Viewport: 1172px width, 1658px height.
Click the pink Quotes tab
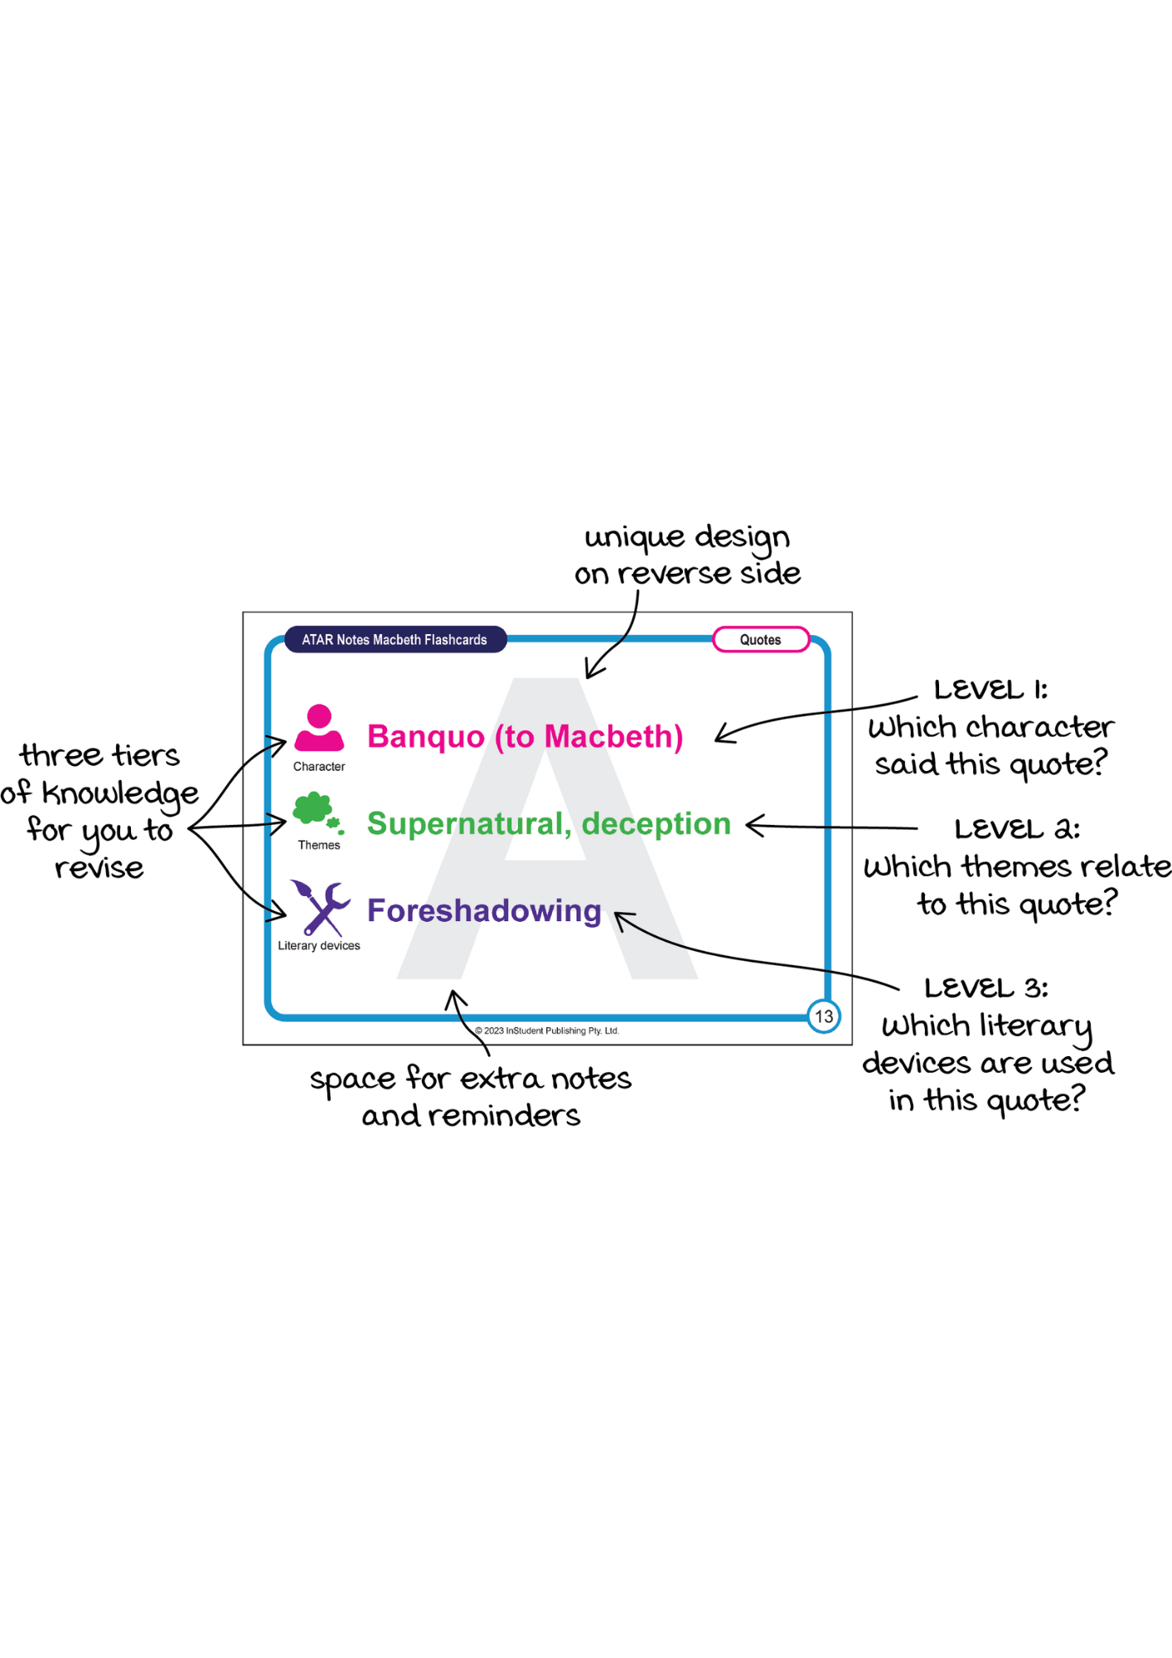pyautogui.click(x=760, y=640)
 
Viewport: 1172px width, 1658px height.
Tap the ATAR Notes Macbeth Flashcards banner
pyautogui.click(x=395, y=640)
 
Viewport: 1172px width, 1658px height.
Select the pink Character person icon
pyautogui.click(x=319, y=728)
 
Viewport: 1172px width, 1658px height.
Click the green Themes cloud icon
pyautogui.click(x=316, y=810)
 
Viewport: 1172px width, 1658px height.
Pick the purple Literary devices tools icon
pyautogui.click(x=320, y=909)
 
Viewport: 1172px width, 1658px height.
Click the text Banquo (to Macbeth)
pyautogui.click(x=525, y=737)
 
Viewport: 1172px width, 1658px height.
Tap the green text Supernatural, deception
pyautogui.click(x=549, y=824)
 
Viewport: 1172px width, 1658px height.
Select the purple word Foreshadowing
pyautogui.click(x=484, y=911)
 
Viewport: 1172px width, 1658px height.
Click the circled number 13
pyautogui.click(x=824, y=1016)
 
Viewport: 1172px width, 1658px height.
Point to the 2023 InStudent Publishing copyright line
pyautogui.click(x=547, y=1031)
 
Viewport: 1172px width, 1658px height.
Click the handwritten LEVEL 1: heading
pyautogui.click(x=990, y=691)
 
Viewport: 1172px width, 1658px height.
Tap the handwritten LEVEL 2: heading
pyautogui.click(x=1016, y=830)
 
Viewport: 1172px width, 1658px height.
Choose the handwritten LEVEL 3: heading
pyautogui.click(x=986, y=989)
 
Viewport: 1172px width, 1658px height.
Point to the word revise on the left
pyautogui.click(x=99, y=869)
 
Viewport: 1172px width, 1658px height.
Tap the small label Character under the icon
pyautogui.click(x=319, y=767)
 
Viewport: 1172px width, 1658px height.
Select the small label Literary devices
pyautogui.click(x=319, y=946)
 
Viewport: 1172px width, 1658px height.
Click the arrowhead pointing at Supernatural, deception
pyautogui.click(x=750, y=825)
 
